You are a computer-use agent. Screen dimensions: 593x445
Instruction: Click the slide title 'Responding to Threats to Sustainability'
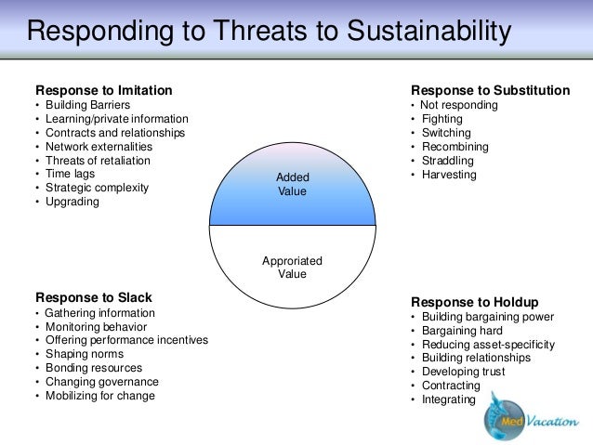[x=270, y=32]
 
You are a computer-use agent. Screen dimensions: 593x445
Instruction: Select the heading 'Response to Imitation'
[x=103, y=90]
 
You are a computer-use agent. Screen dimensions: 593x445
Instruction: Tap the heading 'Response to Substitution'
[x=491, y=90]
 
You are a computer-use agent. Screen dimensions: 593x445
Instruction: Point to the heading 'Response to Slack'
[x=94, y=297]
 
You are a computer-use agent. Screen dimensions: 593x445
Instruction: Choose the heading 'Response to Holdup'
[x=475, y=302]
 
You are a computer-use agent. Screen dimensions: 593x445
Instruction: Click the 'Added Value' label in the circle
[x=293, y=184]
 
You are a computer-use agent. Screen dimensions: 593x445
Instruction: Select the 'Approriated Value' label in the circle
[x=293, y=268]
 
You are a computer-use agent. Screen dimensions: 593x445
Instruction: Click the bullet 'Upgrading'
[x=72, y=202]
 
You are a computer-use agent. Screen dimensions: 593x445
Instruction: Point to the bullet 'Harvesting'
[x=448, y=174]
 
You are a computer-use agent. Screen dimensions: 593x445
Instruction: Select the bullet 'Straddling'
[x=448, y=160]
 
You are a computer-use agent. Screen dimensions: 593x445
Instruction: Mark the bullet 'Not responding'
[x=459, y=105]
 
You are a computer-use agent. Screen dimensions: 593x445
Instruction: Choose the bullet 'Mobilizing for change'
[x=99, y=395]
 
